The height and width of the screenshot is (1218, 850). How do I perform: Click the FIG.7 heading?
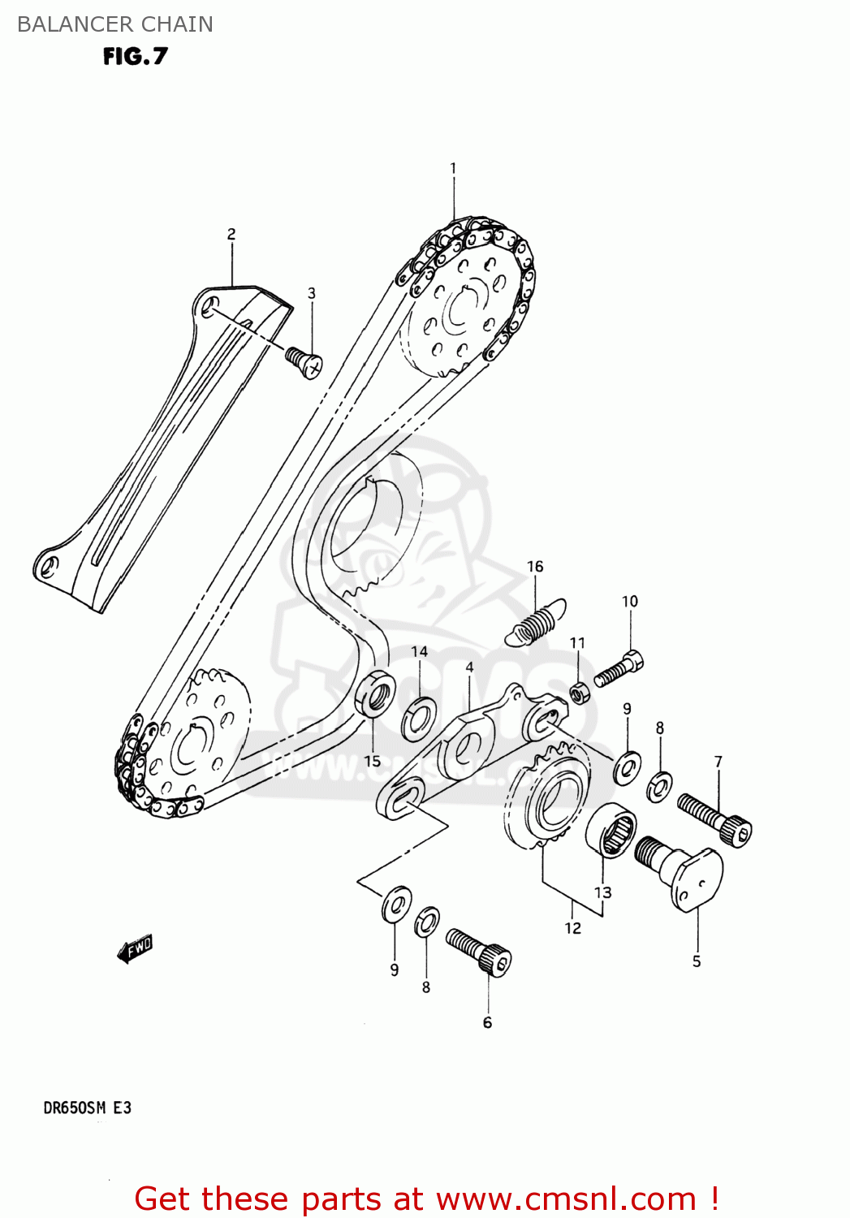coord(135,56)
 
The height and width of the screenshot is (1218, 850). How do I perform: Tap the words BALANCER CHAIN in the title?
coord(114,24)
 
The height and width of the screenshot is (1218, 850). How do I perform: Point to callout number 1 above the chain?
coord(453,168)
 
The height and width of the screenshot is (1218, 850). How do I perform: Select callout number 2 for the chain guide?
coord(231,234)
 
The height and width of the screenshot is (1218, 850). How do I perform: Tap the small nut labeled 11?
coord(579,693)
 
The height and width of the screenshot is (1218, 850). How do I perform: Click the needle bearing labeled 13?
coord(611,829)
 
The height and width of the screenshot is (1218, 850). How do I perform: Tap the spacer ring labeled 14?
coord(419,717)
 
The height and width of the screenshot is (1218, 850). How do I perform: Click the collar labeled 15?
coord(375,694)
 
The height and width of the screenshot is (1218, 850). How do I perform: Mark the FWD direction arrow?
coord(135,948)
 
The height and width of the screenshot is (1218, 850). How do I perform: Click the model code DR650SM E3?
coord(87,1108)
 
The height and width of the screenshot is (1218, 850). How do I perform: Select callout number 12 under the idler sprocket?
coord(573,928)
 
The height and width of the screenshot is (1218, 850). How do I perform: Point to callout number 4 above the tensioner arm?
coord(469,667)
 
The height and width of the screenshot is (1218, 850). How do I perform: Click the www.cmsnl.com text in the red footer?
coord(566,1199)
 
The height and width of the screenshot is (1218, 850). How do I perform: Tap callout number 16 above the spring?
coord(535,567)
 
